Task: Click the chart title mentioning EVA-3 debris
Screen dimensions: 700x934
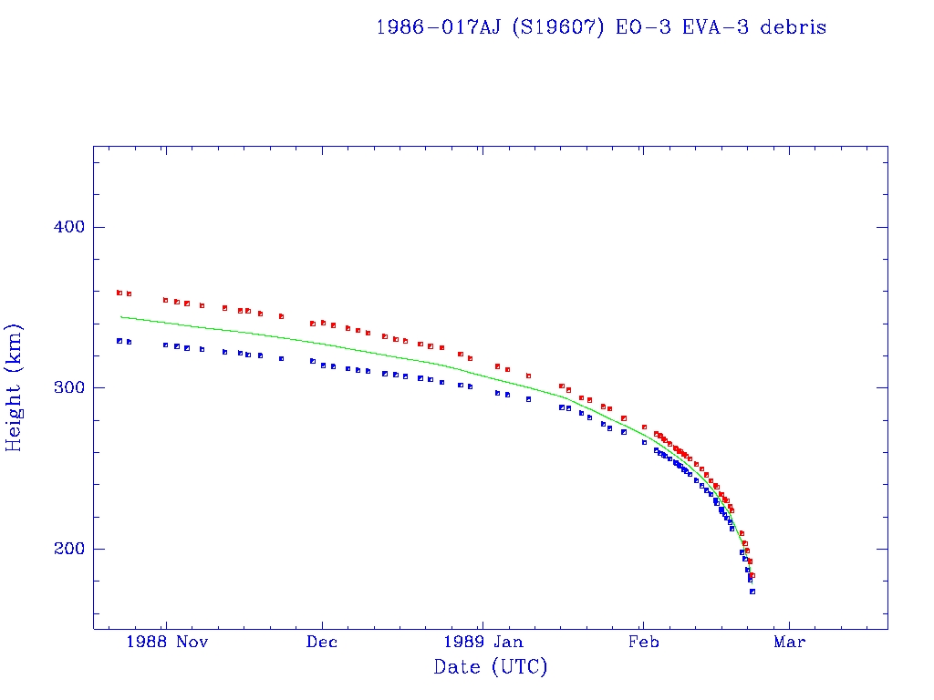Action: [x=601, y=27]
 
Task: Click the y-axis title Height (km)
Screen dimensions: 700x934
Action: [x=15, y=387]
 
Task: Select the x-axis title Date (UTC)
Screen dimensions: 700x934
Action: [x=490, y=667]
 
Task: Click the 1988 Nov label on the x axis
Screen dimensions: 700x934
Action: [x=167, y=642]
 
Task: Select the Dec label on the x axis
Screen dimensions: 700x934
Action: [x=322, y=642]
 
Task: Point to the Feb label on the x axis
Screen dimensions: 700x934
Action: [x=643, y=642]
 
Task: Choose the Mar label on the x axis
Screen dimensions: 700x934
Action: [x=789, y=642]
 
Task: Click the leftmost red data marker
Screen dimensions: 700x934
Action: [x=119, y=293]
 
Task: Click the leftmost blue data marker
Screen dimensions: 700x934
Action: [x=119, y=340]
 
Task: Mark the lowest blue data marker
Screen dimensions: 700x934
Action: [x=752, y=592]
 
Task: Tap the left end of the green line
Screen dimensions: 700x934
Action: [x=121, y=317]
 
